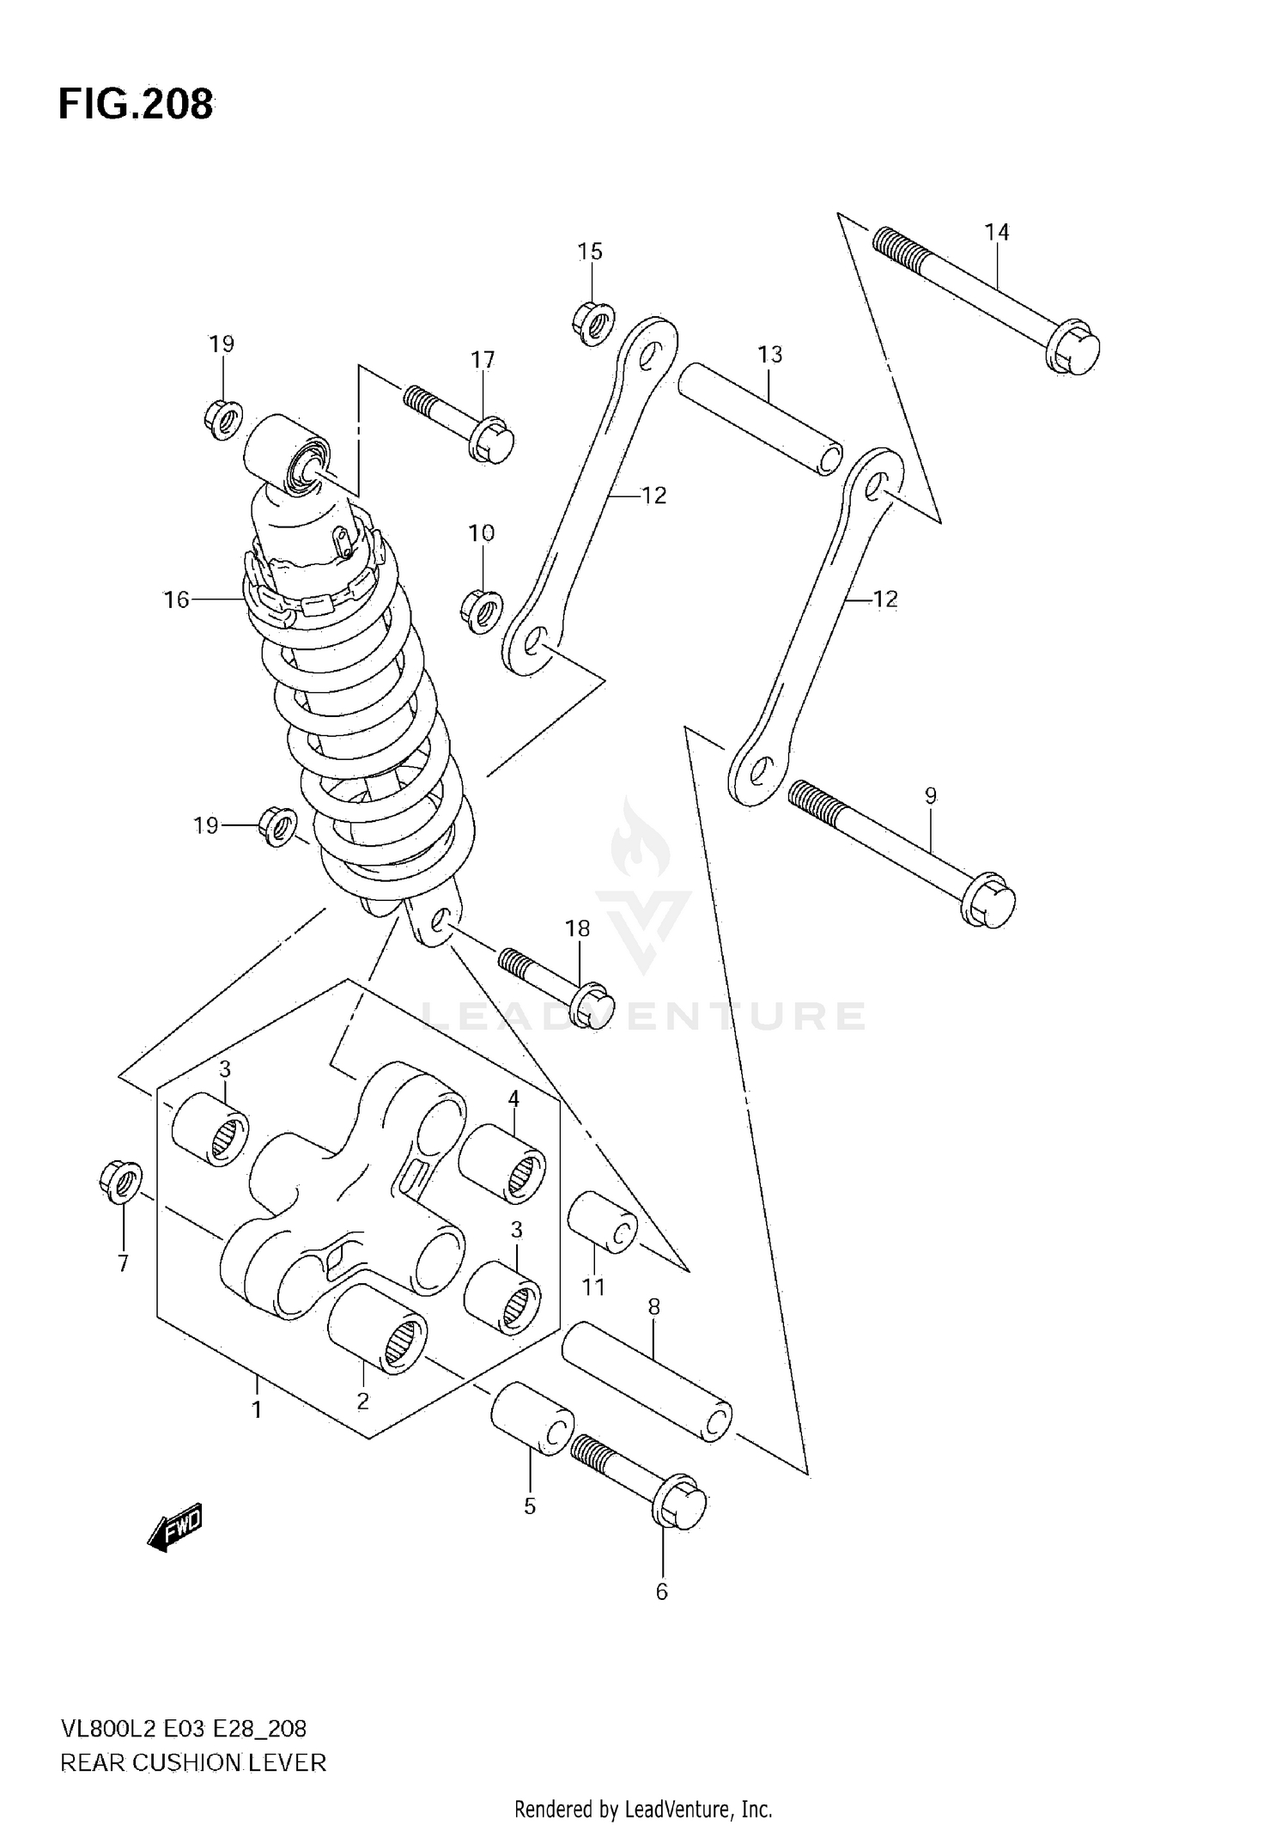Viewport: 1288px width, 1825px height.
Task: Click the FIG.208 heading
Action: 136,105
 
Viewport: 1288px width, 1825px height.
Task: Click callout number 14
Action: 996,232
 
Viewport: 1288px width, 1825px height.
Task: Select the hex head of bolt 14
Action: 1073,347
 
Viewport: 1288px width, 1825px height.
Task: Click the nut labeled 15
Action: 592,323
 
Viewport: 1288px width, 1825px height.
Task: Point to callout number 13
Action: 769,354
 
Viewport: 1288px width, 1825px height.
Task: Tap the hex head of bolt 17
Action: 492,440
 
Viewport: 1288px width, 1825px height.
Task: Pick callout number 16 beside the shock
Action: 176,599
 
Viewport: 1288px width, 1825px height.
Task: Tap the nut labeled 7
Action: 121,1182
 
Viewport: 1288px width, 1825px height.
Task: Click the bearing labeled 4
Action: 502,1163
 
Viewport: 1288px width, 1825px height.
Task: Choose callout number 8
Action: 653,1307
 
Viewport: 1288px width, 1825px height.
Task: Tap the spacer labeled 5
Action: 532,1419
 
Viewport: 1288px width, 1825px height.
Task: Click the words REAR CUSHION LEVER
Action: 193,1763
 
